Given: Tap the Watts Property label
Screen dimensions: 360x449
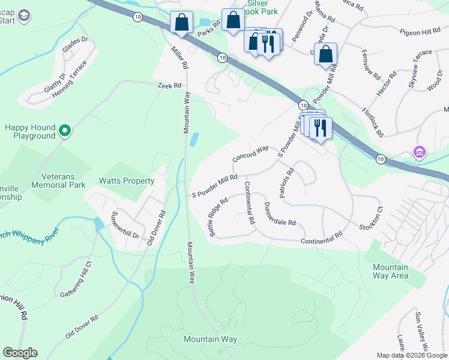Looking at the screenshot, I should pos(127,181).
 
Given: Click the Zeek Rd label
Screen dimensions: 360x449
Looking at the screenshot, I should pos(169,86).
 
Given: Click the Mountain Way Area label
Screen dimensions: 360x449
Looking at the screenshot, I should pos(390,271).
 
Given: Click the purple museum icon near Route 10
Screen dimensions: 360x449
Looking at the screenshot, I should pos(419,153).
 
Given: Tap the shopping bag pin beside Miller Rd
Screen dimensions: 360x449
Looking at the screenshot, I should pos(181,23).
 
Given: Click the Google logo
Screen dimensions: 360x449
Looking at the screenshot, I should pos(20,353).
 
